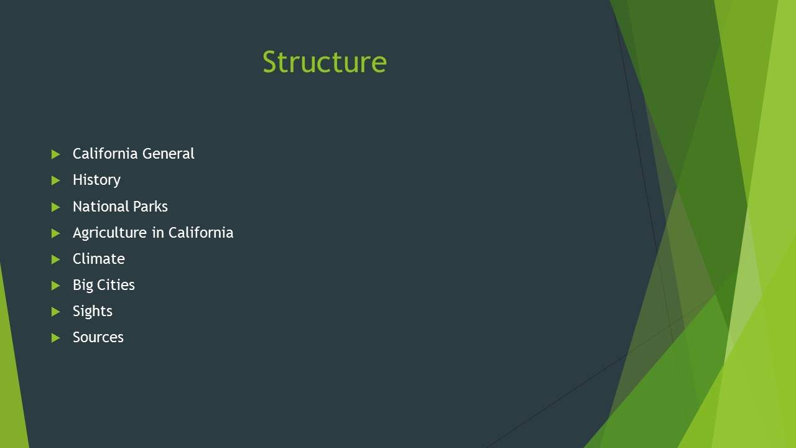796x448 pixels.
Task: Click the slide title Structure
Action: (325, 62)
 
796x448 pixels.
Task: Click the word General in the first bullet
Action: (169, 154)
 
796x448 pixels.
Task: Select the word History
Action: (96, 180)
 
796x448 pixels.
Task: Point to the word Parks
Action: (150, 206)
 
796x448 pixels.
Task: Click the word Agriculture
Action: (109, 233)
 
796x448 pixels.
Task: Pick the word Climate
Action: (99, 259)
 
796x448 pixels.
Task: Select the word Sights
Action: (93, 312)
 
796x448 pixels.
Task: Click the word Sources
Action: (98, 337)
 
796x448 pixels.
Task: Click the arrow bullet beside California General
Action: (56, 154)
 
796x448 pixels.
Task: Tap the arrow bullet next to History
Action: (56, 180)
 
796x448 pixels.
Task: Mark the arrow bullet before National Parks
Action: (56, 207)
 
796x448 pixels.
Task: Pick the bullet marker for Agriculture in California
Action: (56, 233)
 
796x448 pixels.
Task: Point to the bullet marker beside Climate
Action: (56, 259)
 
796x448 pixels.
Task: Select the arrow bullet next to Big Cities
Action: (56, 286)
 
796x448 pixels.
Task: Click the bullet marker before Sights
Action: (56, 312)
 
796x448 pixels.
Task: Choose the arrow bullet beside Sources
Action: (56, 338)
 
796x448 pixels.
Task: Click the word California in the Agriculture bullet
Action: (201, 233)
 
